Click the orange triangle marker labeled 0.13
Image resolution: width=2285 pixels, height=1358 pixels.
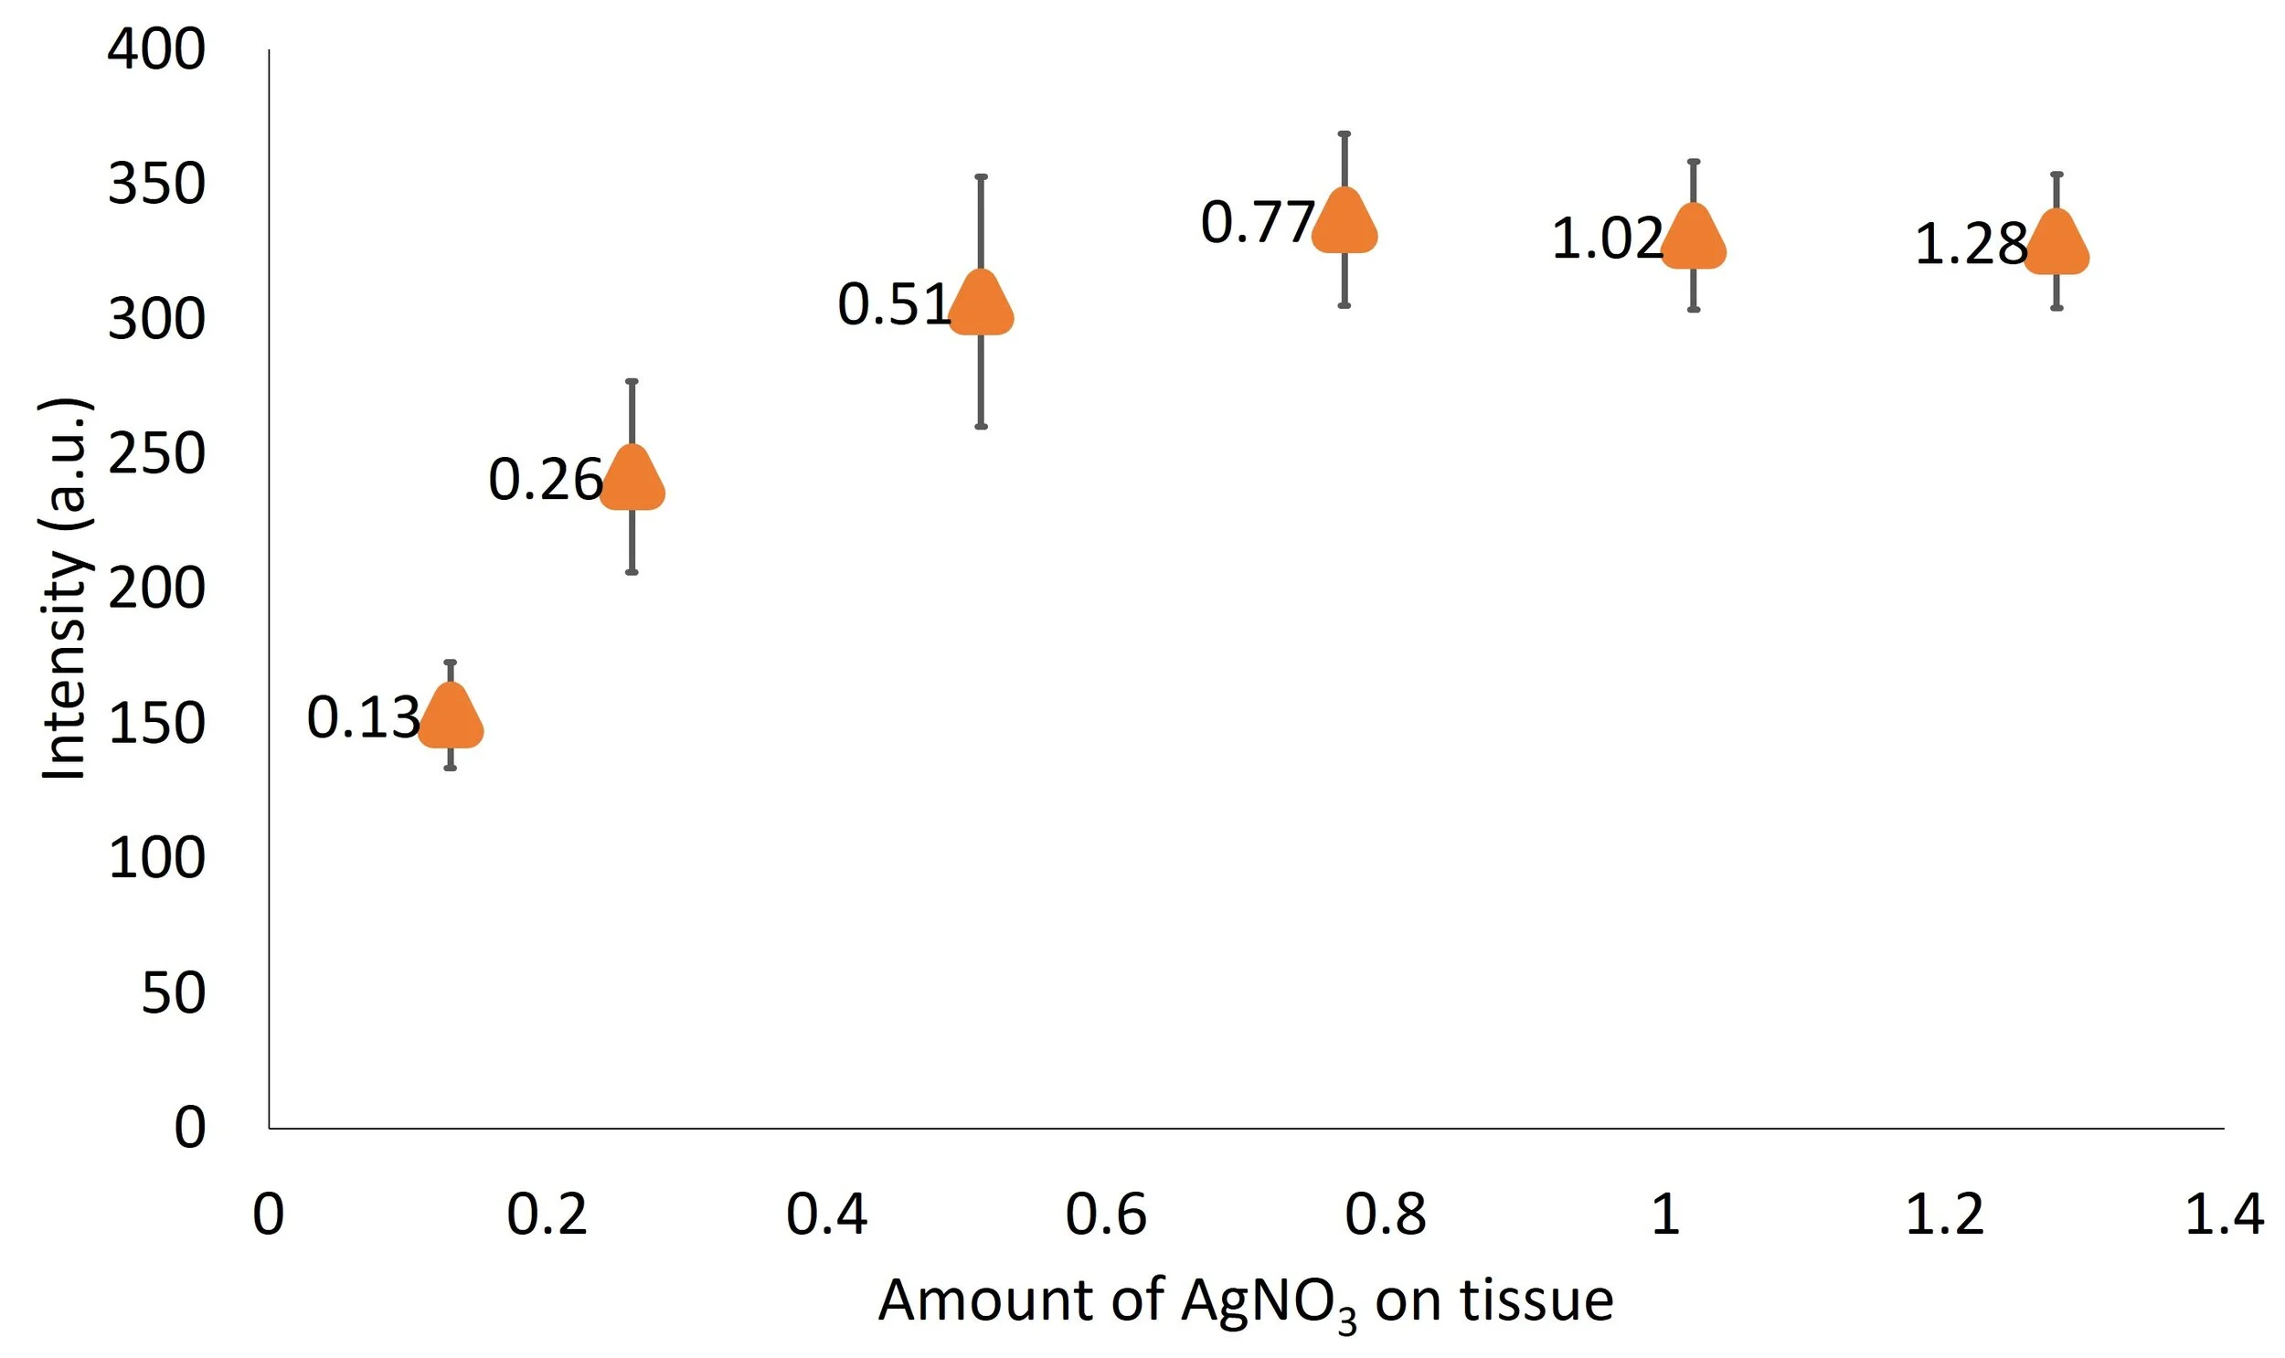click(451, 718)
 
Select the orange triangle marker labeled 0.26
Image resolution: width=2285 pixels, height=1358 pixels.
click(632, 480)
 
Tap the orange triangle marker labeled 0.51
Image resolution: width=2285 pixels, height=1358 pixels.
click(981, 304)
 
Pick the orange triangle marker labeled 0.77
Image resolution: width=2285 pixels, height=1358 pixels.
click(1344, 222)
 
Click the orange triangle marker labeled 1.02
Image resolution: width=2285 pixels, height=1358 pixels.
click(1693, 239)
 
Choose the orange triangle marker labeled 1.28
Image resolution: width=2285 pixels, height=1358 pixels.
click(2056, 244)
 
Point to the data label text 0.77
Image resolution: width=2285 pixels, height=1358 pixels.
click(1258, 222)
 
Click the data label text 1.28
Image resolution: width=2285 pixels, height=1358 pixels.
click(1971, 245)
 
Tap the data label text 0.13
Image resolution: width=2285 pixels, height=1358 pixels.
click(363, 717)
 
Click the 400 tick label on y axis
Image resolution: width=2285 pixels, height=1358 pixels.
click(156, 49)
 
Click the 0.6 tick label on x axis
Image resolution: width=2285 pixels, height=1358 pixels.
click(1105, 1215)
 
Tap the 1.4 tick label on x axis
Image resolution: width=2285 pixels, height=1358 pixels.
click(2224, 1215)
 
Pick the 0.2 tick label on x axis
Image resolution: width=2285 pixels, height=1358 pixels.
click(547, 1215)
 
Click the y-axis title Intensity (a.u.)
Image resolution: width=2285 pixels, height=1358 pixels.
click(64, 589)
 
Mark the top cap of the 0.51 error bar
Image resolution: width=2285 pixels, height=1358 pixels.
click(981, 176)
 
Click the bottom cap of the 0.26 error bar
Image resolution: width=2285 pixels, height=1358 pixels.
click(632, 572)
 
